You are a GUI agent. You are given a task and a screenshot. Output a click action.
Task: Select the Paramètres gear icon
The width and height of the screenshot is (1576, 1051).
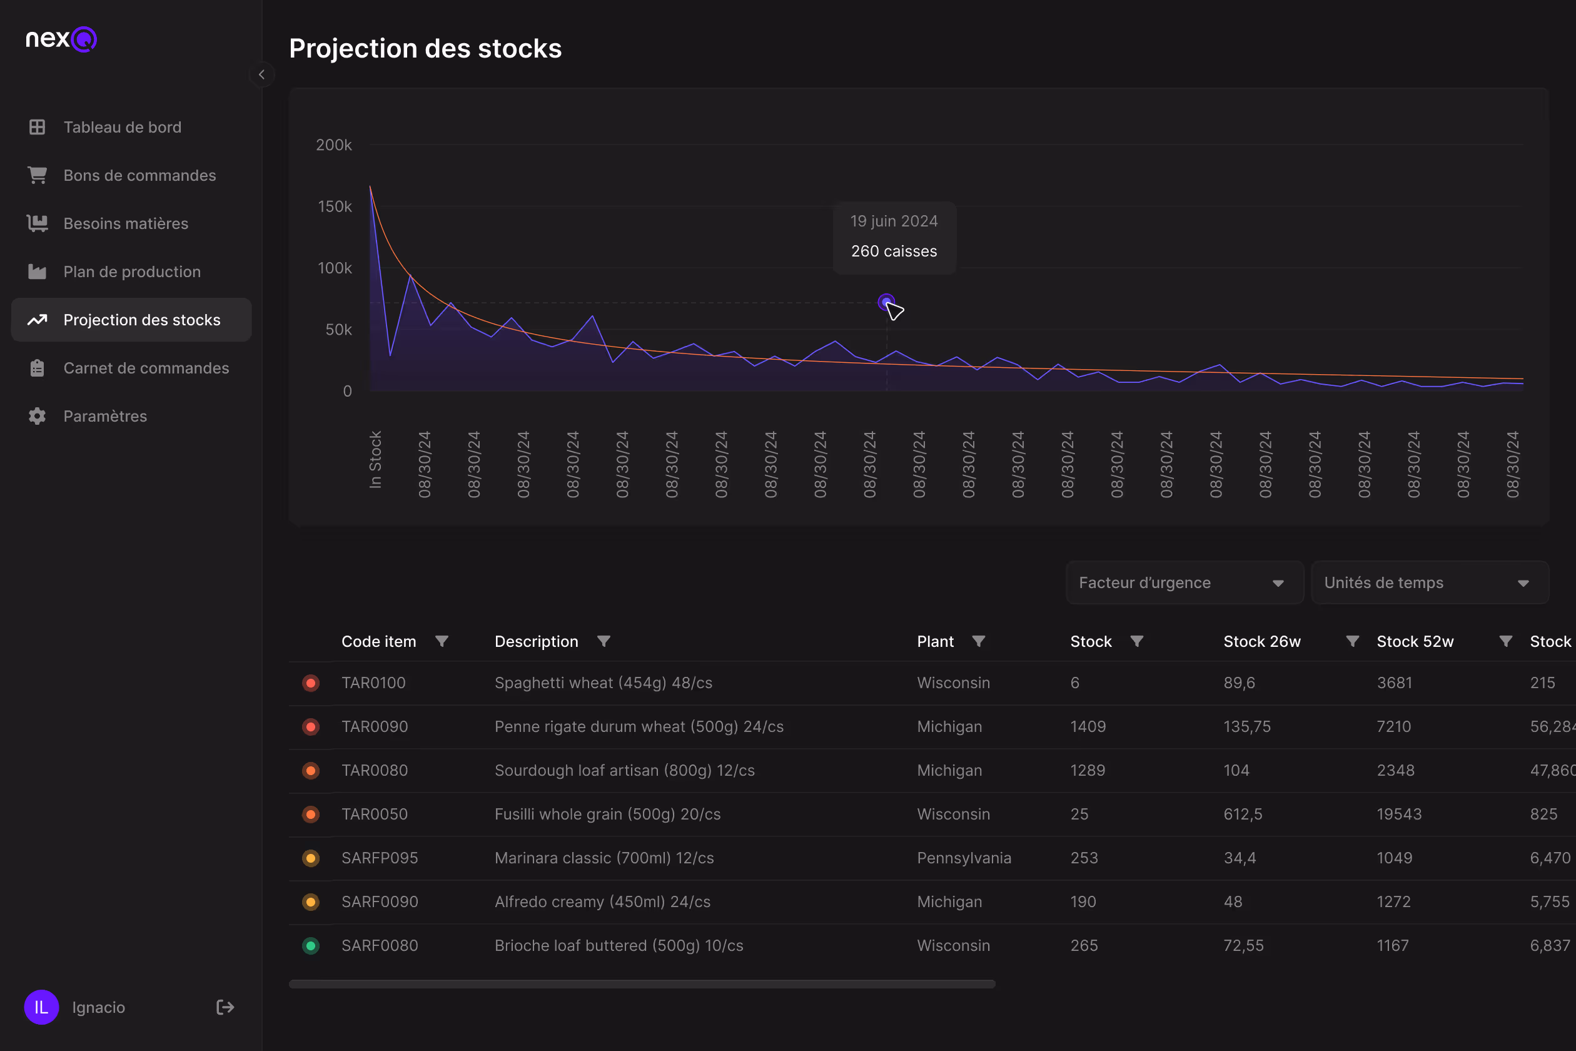tap(38, 416)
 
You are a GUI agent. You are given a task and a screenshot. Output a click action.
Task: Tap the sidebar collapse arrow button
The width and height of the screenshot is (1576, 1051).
tap(261, 74)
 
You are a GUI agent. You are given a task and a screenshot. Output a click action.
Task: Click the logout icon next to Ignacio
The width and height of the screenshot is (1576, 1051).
tap(225, 1007)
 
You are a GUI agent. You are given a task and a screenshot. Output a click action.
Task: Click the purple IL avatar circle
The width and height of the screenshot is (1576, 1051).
tap(41, 1007)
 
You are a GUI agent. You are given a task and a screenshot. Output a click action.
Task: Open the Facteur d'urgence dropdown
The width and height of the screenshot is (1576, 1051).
tap(1184, 582)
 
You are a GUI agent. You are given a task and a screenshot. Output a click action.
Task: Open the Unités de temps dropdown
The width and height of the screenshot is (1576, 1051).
tap(1429, 582)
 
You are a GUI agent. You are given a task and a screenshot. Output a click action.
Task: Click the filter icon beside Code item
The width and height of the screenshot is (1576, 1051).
tap(442, 641)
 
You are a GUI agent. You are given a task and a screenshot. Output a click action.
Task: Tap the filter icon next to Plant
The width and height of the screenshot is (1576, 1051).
tap(978, 641)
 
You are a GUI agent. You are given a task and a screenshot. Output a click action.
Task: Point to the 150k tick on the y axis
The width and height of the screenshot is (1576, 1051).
tap(335, 206)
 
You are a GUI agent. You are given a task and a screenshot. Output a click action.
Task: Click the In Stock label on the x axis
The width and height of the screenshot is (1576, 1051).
tap(375, 459)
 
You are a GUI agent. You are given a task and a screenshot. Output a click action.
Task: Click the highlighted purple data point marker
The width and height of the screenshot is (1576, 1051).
tap(886, 302)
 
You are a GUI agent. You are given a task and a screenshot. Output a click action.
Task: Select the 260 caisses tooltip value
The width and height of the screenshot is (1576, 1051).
tap(894, 251)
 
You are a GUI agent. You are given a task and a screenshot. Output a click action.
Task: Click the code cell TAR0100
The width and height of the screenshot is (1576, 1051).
tap(373, 683)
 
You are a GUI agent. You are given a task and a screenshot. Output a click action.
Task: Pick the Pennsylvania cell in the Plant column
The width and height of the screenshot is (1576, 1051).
tap(964, 858)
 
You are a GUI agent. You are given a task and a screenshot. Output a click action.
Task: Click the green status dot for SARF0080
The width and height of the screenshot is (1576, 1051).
tap(311, 946)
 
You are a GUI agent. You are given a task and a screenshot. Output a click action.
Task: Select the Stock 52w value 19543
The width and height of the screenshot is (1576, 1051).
tap(1399, 815)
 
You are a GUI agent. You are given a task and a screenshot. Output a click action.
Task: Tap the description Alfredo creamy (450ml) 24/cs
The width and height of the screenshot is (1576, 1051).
tap(602, 902)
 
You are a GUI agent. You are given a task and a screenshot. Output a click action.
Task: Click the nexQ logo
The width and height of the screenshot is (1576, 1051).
tap(61, 39)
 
